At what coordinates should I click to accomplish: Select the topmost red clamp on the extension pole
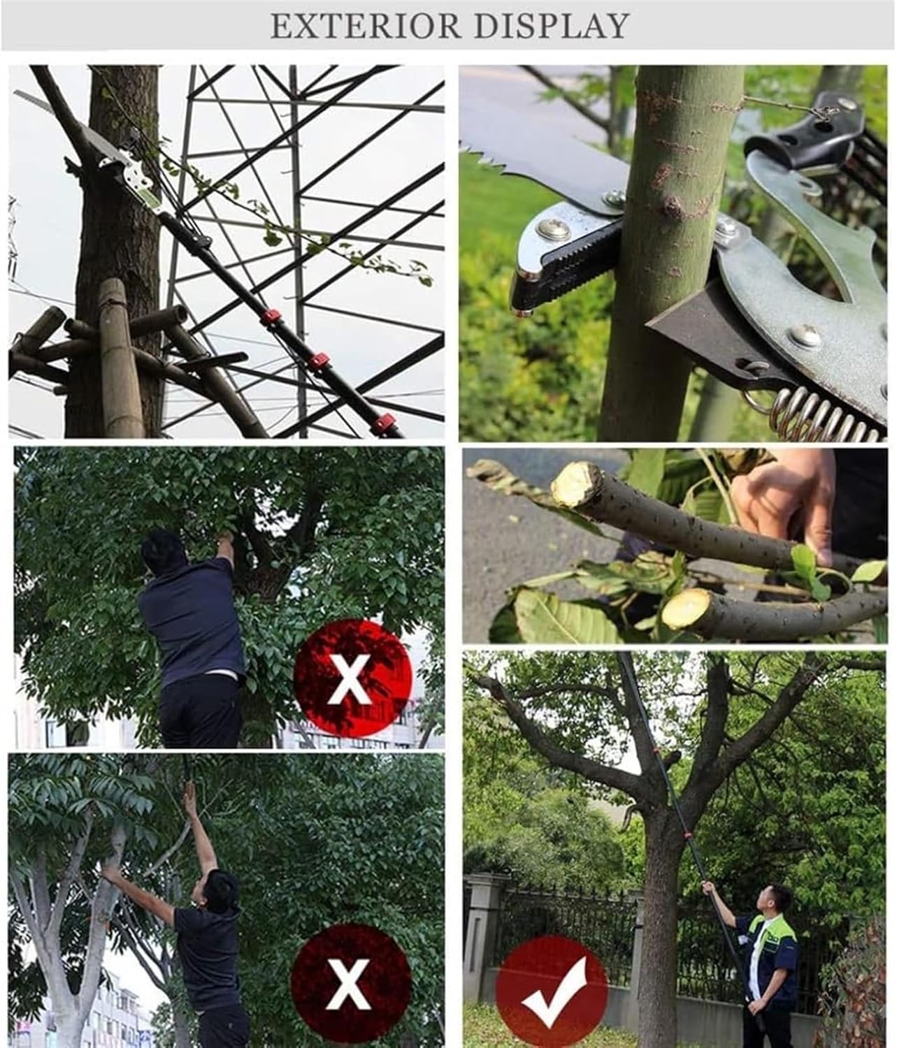(269, 321)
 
